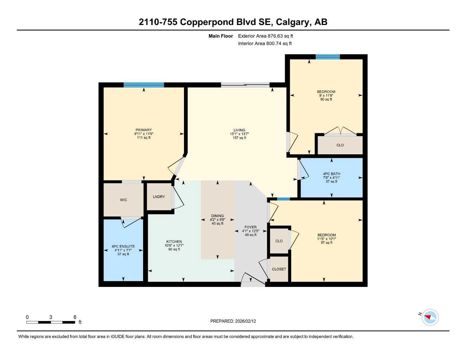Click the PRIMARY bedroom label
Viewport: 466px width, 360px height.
click(x=143, y=130)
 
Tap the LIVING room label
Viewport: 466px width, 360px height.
click(x=239, y=130)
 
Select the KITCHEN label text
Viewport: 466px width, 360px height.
click(x=174, y=242)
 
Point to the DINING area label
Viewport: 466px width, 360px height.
click(x=217, y=216)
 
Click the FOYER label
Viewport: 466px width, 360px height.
click(x=250, y=227)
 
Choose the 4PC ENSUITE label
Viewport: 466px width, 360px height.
click(x=123, y=246)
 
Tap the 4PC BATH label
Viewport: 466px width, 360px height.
click(x=331, y=174)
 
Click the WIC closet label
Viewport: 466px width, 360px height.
click(x=123, y=200)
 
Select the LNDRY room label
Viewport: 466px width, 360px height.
click(x=159, y=197)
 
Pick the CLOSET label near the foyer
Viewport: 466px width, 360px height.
click(x=279, y=269)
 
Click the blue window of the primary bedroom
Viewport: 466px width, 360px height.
click(x=143, y=85)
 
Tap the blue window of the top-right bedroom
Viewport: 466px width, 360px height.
click(x=327, y=57)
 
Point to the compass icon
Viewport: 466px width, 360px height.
click(x=430, y=317)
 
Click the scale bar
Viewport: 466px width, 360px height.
click(x=51, y=322)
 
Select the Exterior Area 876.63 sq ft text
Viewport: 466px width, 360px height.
click(x=266, y=36)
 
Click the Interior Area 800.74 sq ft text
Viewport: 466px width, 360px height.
click(x=265, y=44)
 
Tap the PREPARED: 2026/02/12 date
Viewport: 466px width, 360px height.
click(x=233, y=321)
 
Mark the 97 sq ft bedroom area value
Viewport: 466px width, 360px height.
click(x=326, y=243)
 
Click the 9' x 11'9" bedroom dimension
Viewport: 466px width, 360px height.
click(x=326, y=95)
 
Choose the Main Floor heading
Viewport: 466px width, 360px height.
click(x=221, y=36)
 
